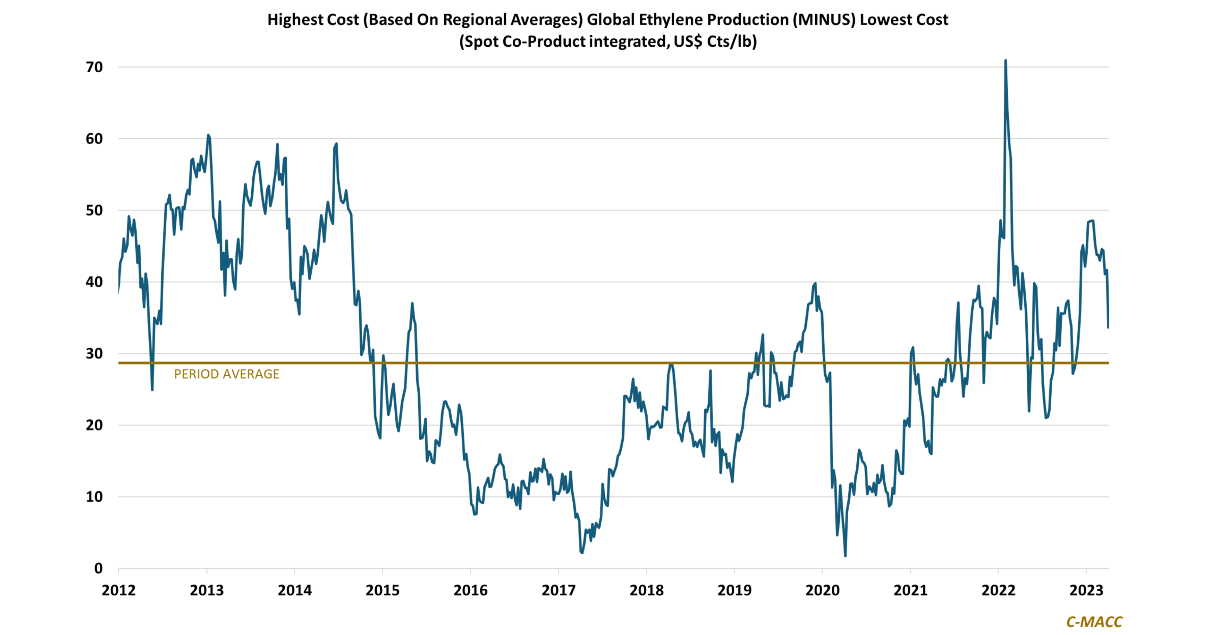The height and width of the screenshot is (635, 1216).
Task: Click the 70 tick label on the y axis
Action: [94, 67]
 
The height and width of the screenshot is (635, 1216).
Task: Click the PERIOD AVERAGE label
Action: [227, 374]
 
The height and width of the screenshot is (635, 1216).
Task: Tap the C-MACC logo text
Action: [1094, 622]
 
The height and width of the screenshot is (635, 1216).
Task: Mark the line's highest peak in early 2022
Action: [1006, 60]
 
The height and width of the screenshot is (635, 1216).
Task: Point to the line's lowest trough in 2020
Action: [845, 556]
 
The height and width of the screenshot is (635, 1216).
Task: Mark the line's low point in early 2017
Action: [581, 552]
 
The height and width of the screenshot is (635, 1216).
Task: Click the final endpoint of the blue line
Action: [1108, 327]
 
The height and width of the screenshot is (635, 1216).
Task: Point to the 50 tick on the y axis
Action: [94, 210]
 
